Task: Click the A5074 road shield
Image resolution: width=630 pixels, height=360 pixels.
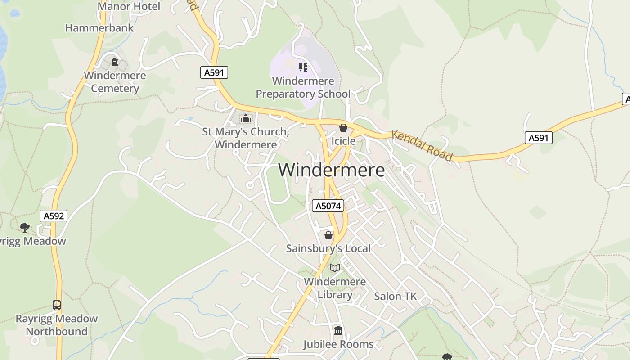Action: tap(328, 206)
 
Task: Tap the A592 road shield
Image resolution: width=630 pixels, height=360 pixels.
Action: tap(54, 216)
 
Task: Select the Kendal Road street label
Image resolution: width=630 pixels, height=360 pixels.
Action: tap(422, 145)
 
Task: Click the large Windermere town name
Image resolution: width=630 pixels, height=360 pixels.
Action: tap(331, 170)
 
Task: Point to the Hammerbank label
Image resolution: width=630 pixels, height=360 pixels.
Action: tap(99, 28)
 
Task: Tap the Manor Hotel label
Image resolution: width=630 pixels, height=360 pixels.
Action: tap(129, 6)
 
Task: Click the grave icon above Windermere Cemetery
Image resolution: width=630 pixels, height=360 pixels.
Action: tap(115, 62)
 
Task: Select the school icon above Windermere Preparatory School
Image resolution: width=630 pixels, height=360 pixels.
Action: tap(303, 67)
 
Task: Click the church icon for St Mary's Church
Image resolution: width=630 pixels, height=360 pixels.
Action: tap(246, 119)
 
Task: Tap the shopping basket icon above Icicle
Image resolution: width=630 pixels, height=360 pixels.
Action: tap(343, 128)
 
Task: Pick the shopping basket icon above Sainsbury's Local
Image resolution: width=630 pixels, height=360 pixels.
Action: tap(328, 235)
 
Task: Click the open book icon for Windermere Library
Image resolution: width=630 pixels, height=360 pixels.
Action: tap(335, 268)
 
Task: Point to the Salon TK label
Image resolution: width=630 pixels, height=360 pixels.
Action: tap(396, 296)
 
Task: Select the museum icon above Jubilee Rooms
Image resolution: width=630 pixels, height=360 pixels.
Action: tap(338, 331)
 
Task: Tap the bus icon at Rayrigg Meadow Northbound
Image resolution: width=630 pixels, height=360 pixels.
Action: tap(57, 305)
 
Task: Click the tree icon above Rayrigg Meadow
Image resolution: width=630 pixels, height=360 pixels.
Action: tap(25, 228)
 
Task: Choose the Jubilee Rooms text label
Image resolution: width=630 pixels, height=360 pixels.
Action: tap(338, 344)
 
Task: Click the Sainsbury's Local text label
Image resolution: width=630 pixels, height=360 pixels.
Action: tap(328, 248)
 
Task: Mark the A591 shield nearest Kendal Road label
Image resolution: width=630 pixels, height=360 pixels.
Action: tap(538, 138)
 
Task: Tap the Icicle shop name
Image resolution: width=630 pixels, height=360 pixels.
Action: tap(343, 141)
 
